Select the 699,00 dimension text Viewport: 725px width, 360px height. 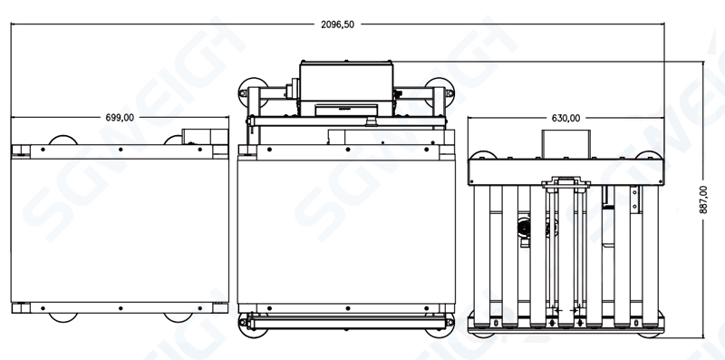pos(120,117)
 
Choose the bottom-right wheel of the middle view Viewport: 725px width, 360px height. pos(446,324)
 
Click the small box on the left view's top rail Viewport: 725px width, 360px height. pos(196,136)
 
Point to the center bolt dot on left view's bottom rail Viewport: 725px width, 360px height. pos(120,306)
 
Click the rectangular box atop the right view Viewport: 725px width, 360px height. pos(566,143)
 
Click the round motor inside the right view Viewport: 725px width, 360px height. pos(523,231)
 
